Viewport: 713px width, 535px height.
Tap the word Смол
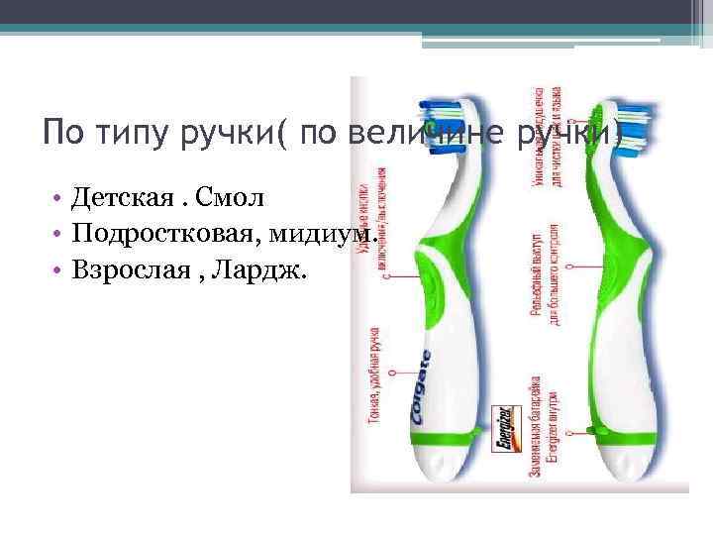point(231,198)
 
